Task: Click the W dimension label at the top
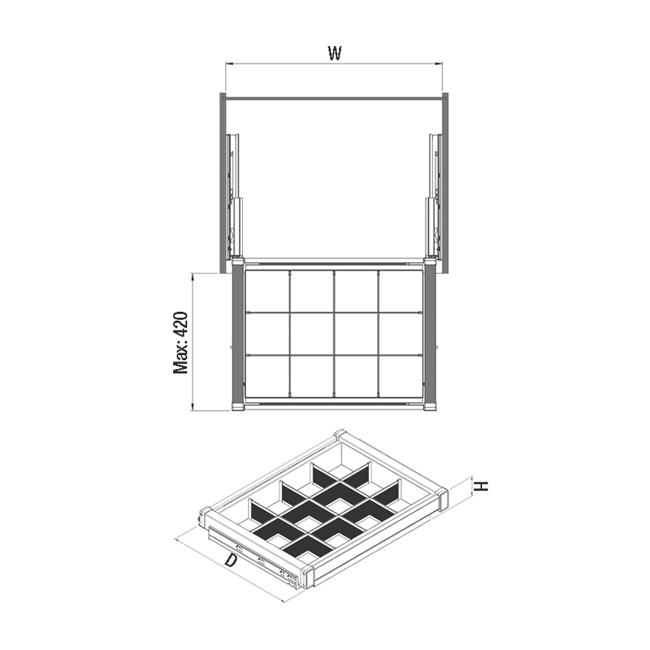[335, 53]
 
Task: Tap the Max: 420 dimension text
[181, 342]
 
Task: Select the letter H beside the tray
[482, 486]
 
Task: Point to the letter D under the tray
[231, 561]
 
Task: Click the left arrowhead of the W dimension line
[229, 64]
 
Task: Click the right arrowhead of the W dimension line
[439, 64]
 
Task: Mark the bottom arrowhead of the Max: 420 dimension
[192, 407]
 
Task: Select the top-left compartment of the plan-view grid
[267, 291]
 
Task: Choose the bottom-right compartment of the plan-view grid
[401, 375]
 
